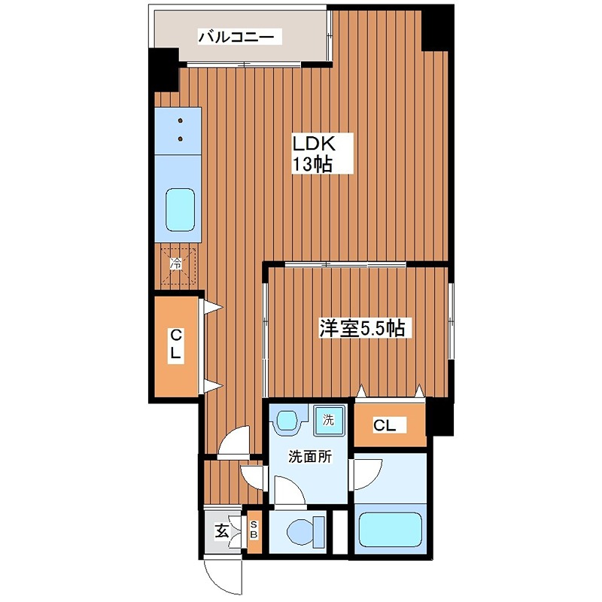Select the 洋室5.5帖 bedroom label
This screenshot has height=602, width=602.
pyautogui.click(x=363, y=328)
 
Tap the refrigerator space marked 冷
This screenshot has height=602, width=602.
pyautogui.click(x=177, y=264)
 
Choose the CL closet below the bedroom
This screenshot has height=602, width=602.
pyautogui.click(x=385, y=426)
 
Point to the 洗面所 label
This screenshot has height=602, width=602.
pyautogui.click(x=308, y=457)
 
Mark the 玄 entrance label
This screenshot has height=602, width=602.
pyautogui.click(x=222, y=532)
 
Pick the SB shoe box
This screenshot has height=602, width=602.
pyautogui.click(x=254, y=531)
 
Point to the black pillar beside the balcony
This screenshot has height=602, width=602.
pyautogui.click(x=163, y=68)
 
